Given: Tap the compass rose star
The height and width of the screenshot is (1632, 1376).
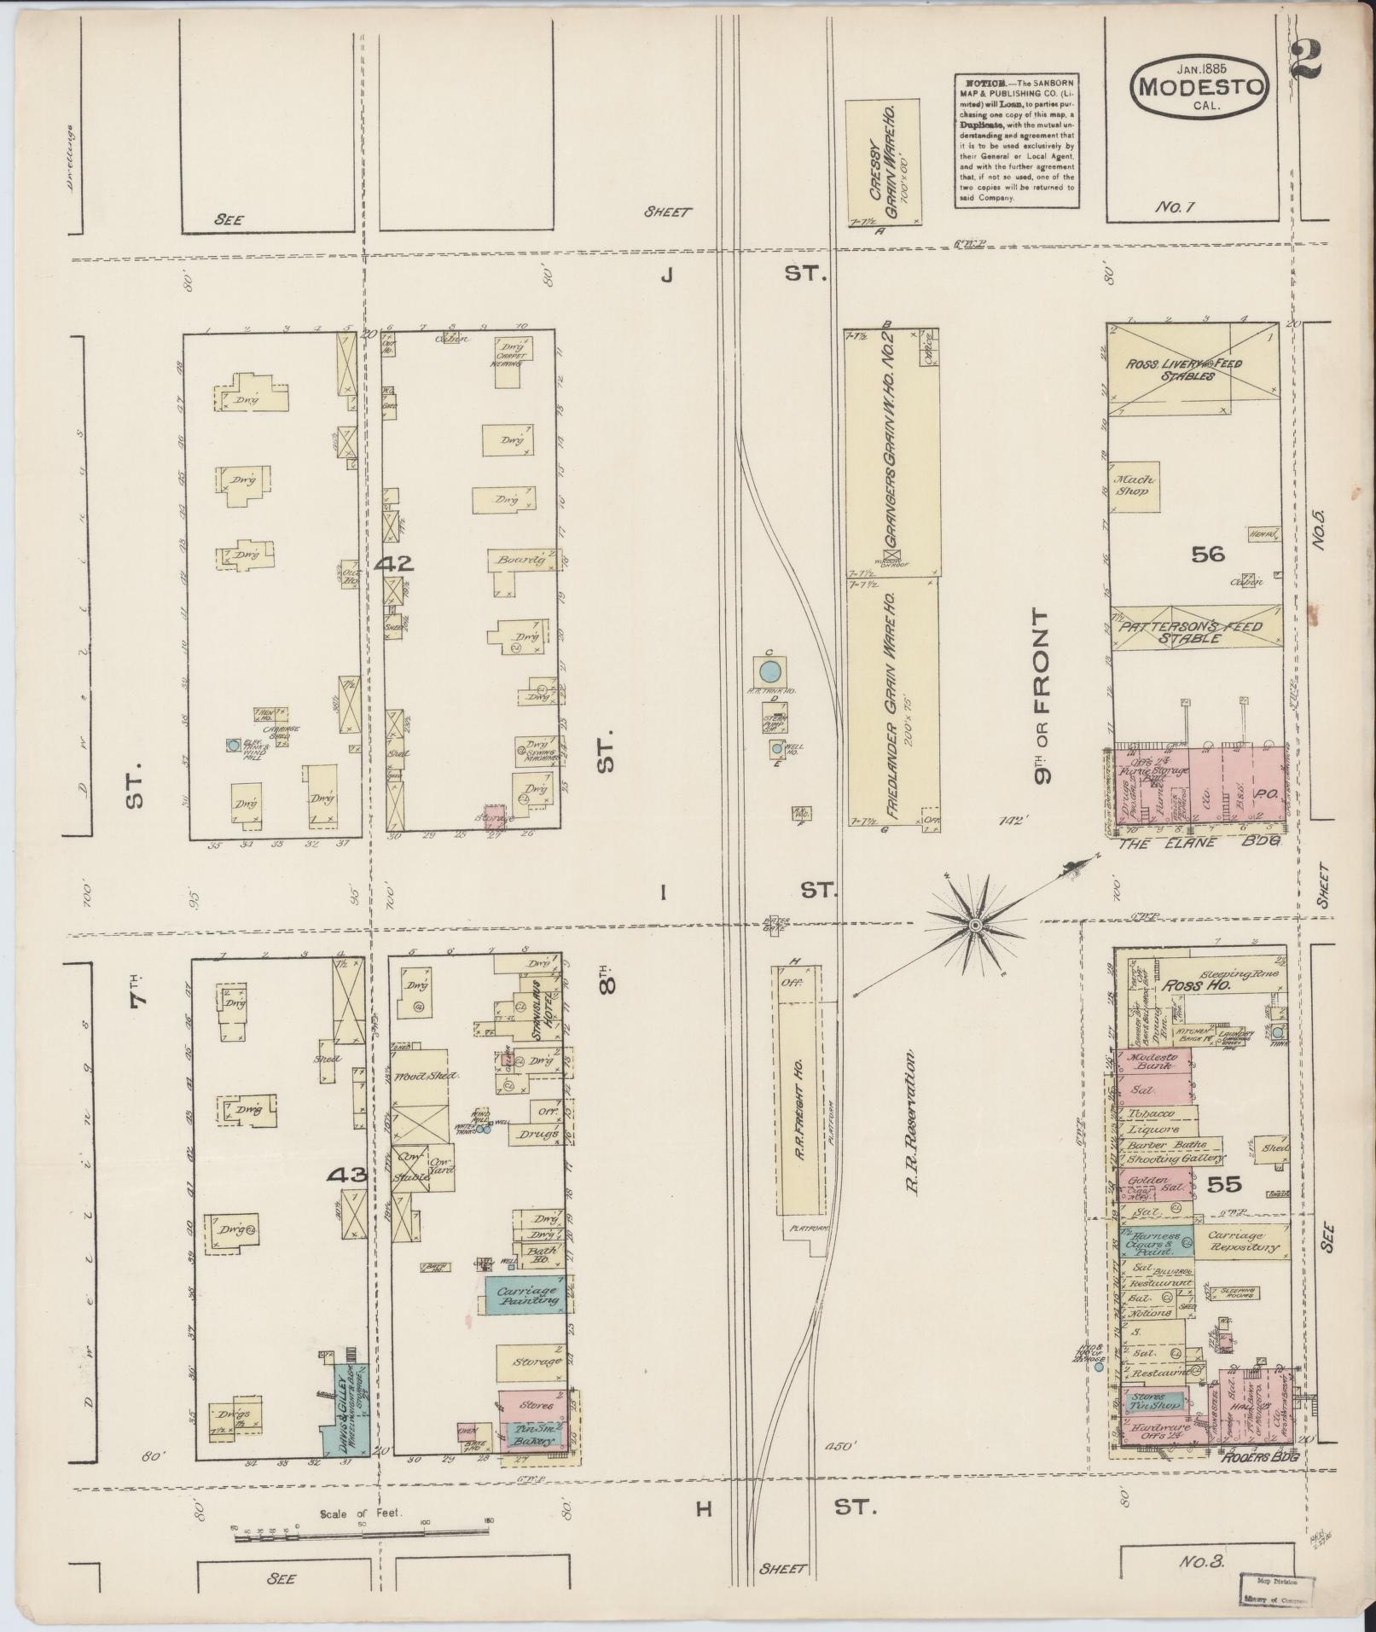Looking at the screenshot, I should pyautogui.click(x=975, y=924).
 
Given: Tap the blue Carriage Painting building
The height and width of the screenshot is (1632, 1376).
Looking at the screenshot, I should pyautogui.click(x=525, y=1320).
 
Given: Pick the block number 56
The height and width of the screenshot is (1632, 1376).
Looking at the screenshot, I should pyautogui.click(x=1207, y=555).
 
